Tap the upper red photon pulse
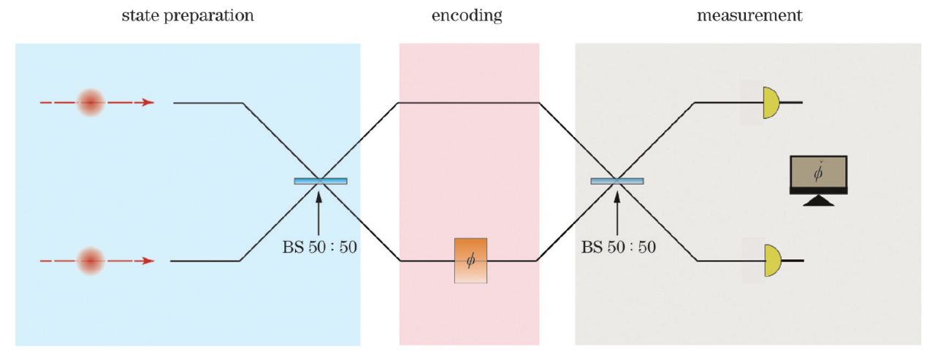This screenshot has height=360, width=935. (x=91, y=103)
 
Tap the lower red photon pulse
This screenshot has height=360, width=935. (x=91, y=261)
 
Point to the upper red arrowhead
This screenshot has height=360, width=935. (x=148, y=103)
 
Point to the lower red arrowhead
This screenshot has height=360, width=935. (x=148, y=261)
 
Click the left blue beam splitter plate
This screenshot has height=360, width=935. (x=321, y=180)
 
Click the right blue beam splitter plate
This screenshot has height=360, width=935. (x=617, y=180)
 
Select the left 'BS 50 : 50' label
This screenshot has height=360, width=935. (x=319, y=247)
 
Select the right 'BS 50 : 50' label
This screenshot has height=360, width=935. (x=618, y=247)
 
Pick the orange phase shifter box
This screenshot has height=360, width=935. (x=470, y=261)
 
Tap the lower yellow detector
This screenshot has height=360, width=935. (x=771, y=261)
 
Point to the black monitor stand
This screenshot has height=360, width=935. (x=818, y=200)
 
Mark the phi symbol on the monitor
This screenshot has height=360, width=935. (x=818, y=174)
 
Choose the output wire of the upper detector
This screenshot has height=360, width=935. (x=793, y=103)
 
